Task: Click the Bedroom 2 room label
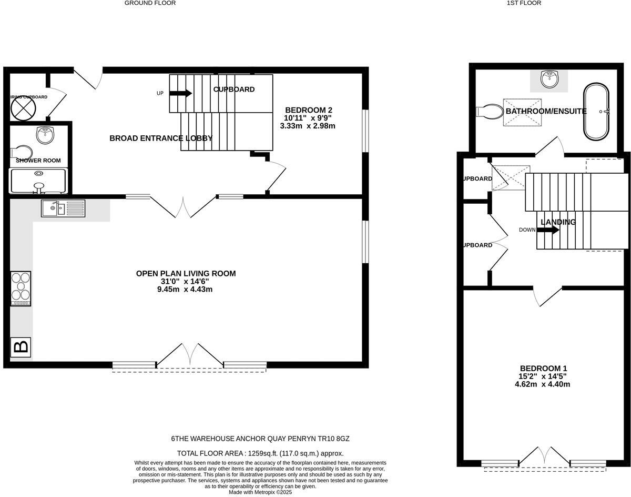click(x=309, y=110)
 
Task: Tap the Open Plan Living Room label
click(x=186, y=273)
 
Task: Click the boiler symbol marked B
click(x=21, y=347)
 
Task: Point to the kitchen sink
click(x=63, y=209)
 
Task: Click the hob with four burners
click(x=21, y=289)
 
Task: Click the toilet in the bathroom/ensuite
click(x=489, y=112)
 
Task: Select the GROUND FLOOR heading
click(x=150, y=3)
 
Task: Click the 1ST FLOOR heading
click(x=523, y=3)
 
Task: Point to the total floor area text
click(x=260, y=453)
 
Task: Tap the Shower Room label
click(x=38, y=161)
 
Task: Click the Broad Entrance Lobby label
click(x=161, y=138)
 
